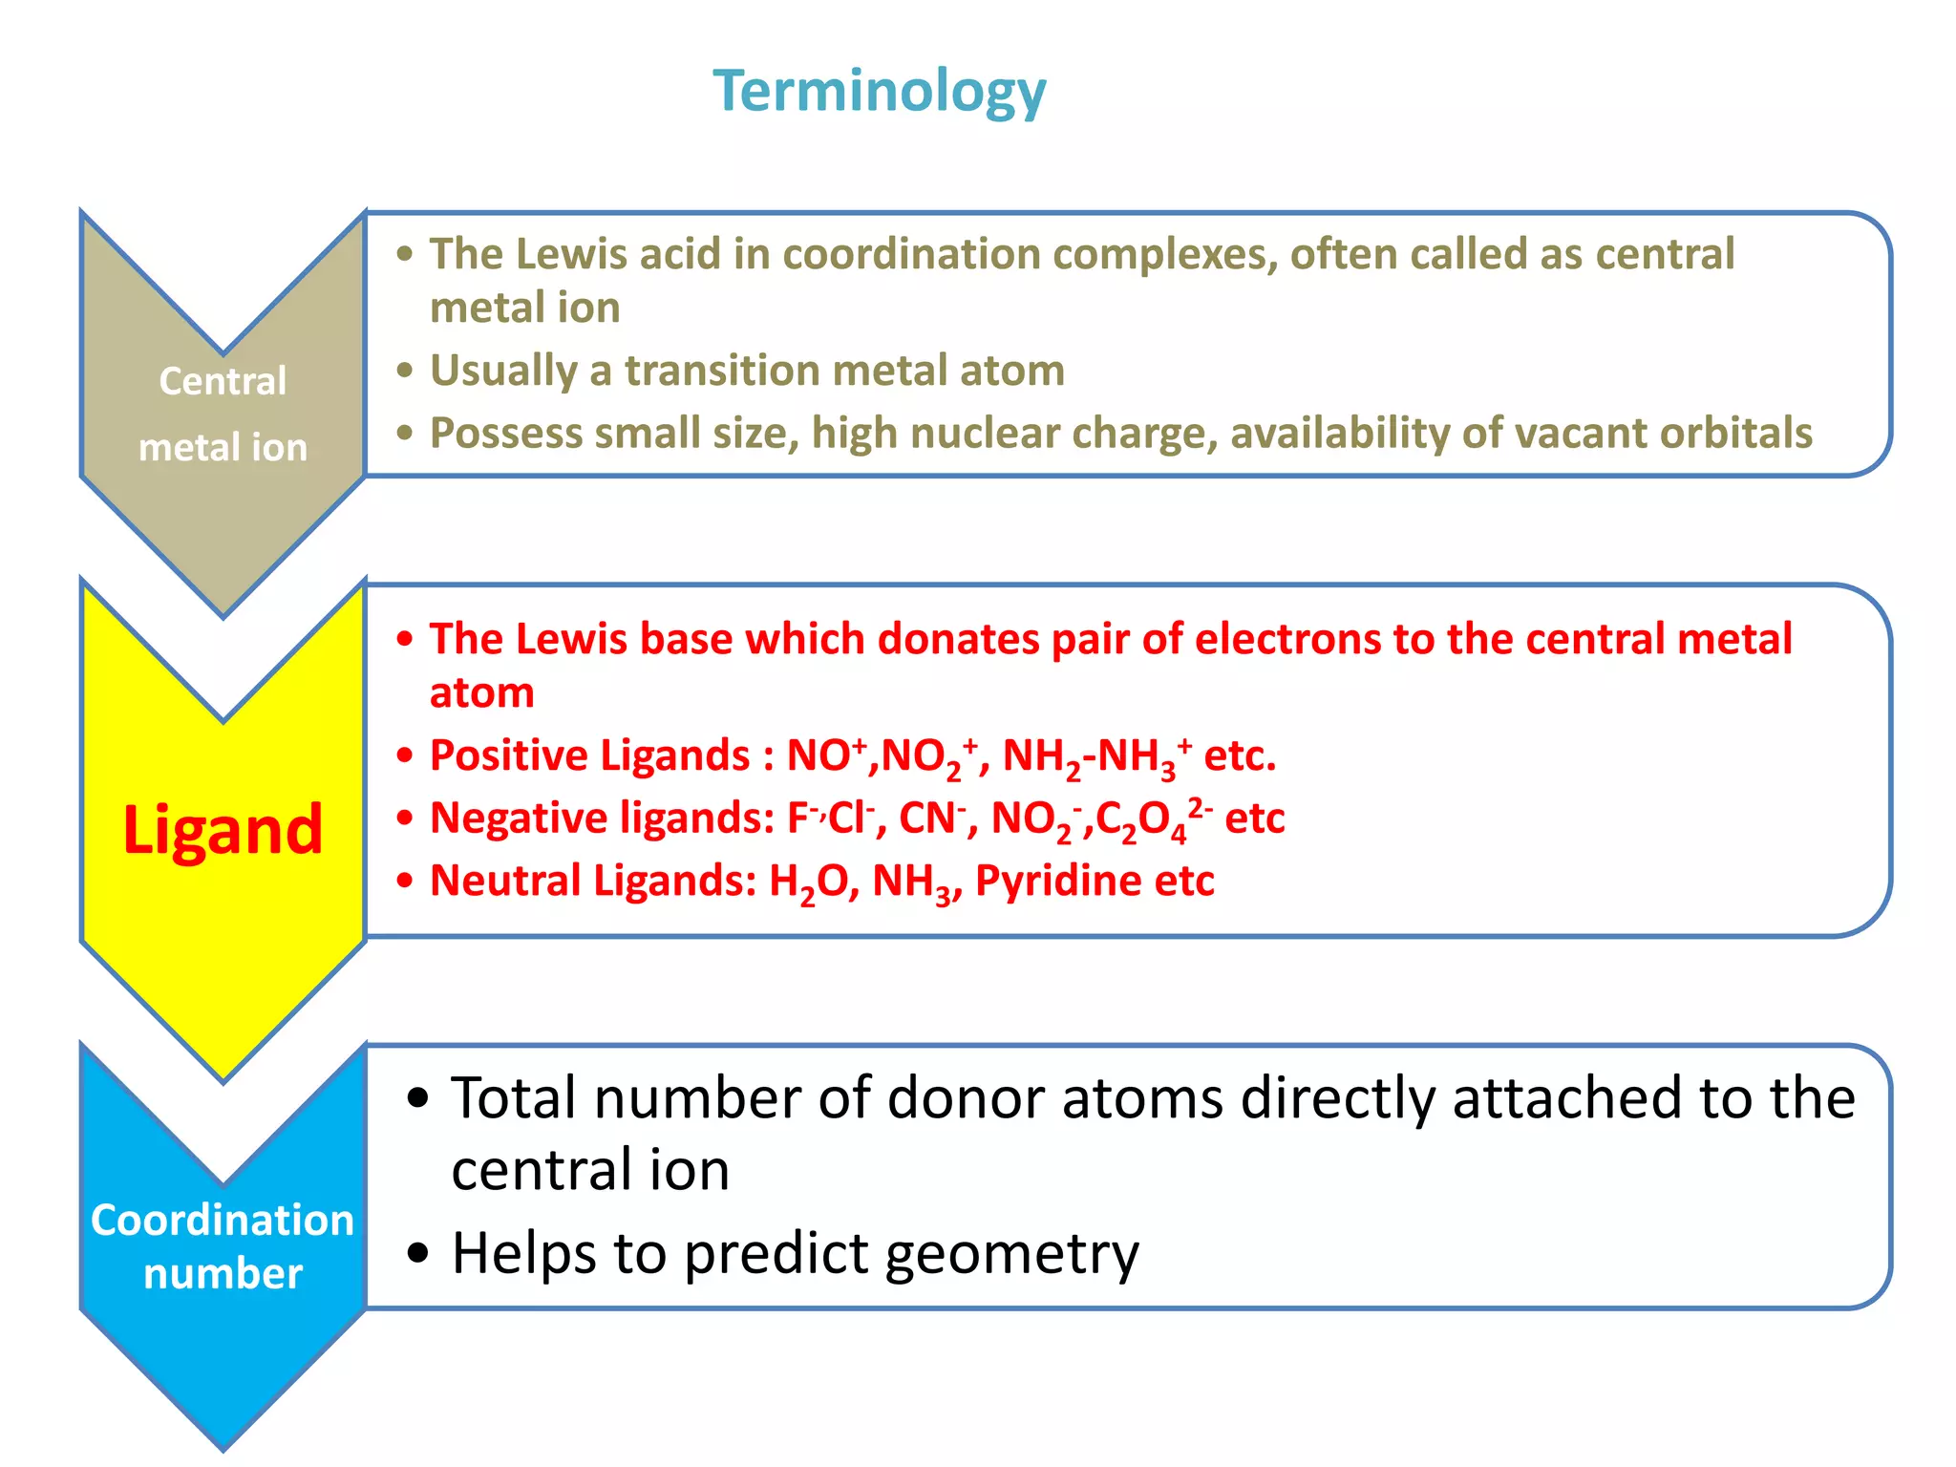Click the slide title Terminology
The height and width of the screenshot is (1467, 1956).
(880, 92)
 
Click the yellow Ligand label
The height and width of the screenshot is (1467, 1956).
(223, 830)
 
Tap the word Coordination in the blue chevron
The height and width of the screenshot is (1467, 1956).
(223, 1220)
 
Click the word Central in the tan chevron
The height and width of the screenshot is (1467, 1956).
(223, 381)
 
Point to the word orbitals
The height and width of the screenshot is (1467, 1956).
(1734, 433)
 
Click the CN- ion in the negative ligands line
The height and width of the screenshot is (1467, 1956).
(932, 819)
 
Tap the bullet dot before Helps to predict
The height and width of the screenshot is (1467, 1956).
(417, 1253)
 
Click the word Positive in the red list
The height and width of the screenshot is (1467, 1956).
(495, 755)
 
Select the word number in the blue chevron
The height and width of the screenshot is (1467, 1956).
(223, 1274)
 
